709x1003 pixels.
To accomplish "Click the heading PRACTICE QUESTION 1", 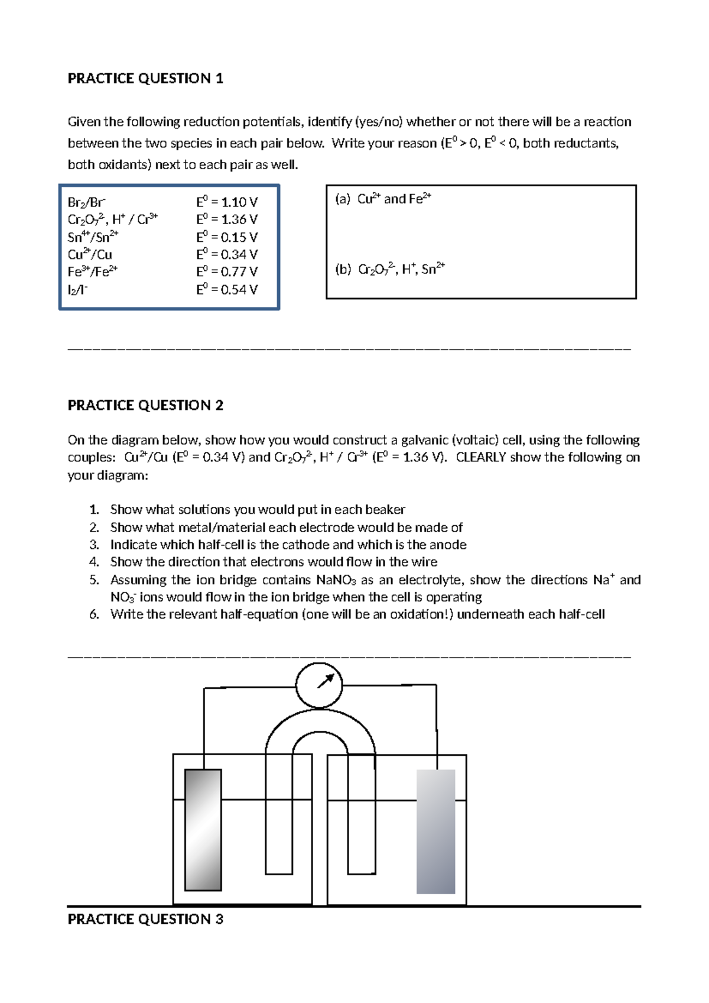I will pyautogui.click(x=145, y=79).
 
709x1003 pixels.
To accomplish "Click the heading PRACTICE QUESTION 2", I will pyautogui.click(x=145, y=405).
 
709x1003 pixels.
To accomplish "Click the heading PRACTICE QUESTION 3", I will pyautogui.click(x=145, y=919).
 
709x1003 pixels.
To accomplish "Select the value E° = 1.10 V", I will pyautogui.click(x=227, y=202).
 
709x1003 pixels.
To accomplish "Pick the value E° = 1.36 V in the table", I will pyautogui.click(x=227, y=219).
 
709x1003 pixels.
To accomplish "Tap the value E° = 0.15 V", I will pyautogui.click(x=227, y=237).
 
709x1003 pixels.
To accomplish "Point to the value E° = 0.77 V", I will pyautogui.click(x=227, y=272).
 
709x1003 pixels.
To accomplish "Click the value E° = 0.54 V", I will pyautogui.click(x=227, y=290).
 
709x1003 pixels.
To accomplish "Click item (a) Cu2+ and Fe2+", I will pyautogui.click(x=383, y=199).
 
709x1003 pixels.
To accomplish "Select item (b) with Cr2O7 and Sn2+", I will pyautogui.click(x=390, y=270).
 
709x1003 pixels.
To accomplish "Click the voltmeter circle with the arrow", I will pyautogui.click(x=318, y=685).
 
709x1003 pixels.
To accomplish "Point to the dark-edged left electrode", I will pyautogui.click(x=203, y=829).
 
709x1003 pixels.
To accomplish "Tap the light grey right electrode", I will pyautogui.click(x=436, y=831).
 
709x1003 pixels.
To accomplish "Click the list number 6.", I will pyautogui.click(x=95, y=614).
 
